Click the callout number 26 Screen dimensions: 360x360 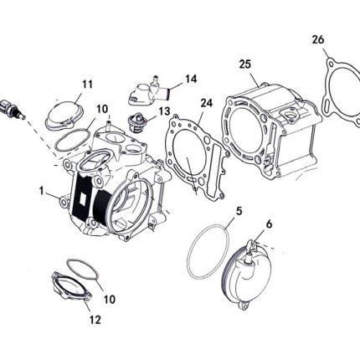tap(318, 39)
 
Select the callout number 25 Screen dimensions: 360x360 tap(245, 64)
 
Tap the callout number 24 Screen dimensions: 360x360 tap(207, 103)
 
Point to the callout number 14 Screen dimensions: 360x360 tap(191, 79)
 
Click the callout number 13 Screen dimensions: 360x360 tap(165, 111)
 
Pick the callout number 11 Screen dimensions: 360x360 tap(87, 84)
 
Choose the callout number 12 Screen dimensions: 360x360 tap(95, 320)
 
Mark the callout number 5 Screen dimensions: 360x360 tap(239, 211)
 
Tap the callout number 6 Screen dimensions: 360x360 tap(269, 224)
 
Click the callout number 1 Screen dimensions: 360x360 tap(41, 191)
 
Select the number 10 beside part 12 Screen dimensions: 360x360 tap(110, 300)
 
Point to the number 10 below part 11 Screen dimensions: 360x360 tap(102, 109)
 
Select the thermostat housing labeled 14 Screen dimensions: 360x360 tap(149, 91)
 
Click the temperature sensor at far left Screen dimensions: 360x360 tap(12, 109)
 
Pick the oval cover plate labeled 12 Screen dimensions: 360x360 tap(70, 287)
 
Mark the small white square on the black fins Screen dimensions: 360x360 tap(84, 198)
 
